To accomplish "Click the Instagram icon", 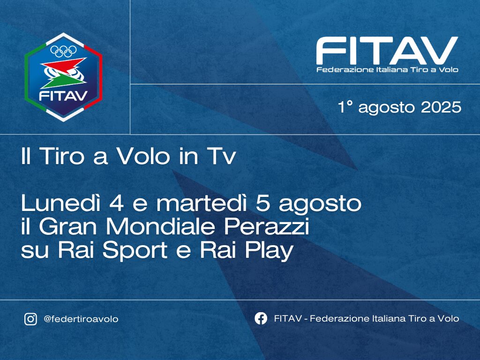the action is pos(30,319).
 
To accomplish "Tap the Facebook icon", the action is pos(261,318).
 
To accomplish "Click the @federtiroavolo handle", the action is pos(81,319).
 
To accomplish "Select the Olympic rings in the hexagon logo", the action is pos(63,52).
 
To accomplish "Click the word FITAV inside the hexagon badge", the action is pos(63,96).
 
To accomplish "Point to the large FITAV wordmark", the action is pos(387,51).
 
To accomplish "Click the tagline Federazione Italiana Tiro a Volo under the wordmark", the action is pos(387,69).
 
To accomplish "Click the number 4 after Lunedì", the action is pos(116,203).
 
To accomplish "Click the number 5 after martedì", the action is pos(263,203).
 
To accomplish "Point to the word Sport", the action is pos(135,251).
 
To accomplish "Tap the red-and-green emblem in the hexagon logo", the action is pos(63,73).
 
